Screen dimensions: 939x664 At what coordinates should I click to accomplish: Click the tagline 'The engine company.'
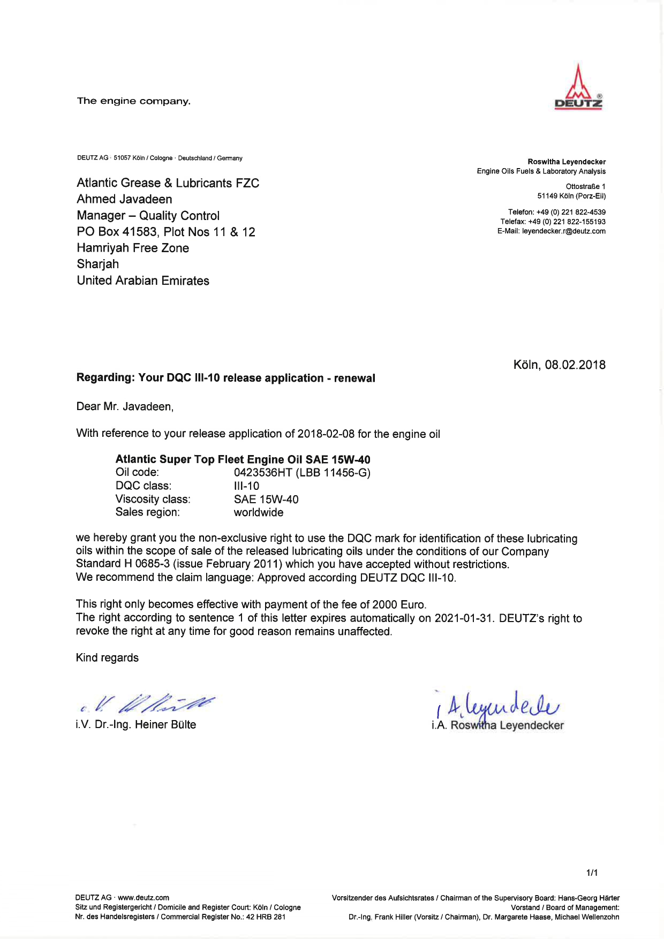[x=134, y=101]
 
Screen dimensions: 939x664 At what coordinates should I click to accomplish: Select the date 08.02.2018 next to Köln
[x=575, y=365]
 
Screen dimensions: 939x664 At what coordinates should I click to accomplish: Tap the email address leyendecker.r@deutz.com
[x=564, y=231]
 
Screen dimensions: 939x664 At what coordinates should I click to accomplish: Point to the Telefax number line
[x=553, y=222]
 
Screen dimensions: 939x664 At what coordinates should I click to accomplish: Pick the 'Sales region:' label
[x=148, y=512]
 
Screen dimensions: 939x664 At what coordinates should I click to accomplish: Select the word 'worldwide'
[x=259, y=512]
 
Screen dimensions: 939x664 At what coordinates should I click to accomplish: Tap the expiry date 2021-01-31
[x=463, y=618]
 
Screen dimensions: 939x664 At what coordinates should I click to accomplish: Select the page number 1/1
[x=592, y=873]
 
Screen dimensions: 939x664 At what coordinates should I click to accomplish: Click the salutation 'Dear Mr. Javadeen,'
[x=125, y=407]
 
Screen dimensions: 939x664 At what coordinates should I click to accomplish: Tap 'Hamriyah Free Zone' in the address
[x=133, y=248]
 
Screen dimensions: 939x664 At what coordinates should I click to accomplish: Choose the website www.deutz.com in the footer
[x=144, y=898]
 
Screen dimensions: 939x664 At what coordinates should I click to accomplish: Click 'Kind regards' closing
[x=107, y=658]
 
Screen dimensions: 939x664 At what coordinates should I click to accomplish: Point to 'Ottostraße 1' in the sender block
[x=585, y=186]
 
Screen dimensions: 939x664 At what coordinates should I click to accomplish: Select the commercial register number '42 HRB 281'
[x=266, y=917]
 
